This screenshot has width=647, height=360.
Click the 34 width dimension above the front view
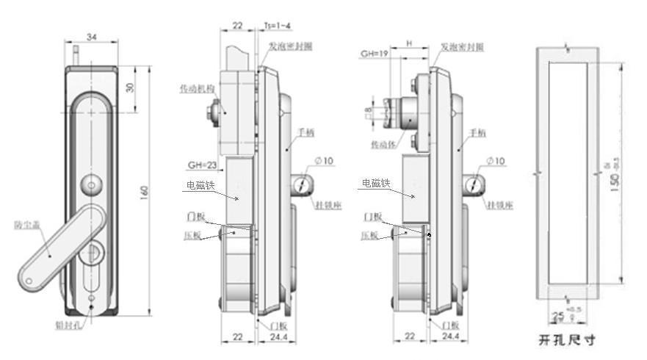coord(93,37)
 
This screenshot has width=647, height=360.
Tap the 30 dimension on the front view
coord(131,87)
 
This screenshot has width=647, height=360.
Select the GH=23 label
coord(203,165)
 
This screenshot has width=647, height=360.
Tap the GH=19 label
coord(374,54)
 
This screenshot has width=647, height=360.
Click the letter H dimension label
coord(408,43)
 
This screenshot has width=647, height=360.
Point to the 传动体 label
coord(385,145)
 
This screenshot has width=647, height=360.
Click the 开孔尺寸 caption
coord(565,340)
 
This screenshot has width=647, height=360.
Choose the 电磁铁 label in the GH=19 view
coord(375,184)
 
